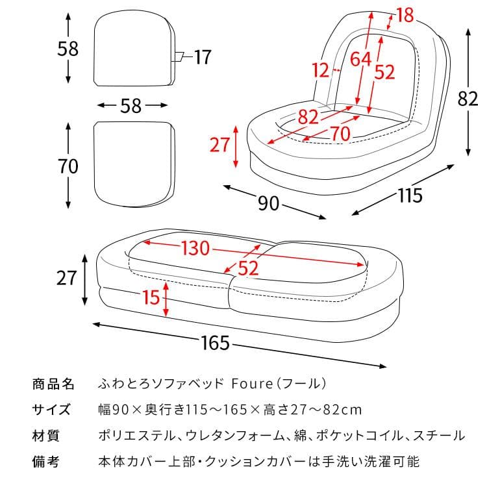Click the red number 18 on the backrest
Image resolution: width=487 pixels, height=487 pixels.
tap(405, 14)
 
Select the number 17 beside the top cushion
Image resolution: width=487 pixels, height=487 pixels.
tap(202, 58)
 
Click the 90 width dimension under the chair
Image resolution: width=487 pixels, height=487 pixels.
tap(268, 203)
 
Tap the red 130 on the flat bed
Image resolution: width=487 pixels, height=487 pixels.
tap(195, 249)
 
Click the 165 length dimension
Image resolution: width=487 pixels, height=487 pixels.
tap(215, 343)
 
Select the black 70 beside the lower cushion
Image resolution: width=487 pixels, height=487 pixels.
tap(68, 166)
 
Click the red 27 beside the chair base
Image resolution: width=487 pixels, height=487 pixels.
tap(219, 144)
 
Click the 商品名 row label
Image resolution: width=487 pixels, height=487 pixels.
tap(53, 384)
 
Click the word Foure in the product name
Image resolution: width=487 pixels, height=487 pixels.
tap(244, 384)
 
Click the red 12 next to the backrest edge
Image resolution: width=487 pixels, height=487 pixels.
tap(320, 69)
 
